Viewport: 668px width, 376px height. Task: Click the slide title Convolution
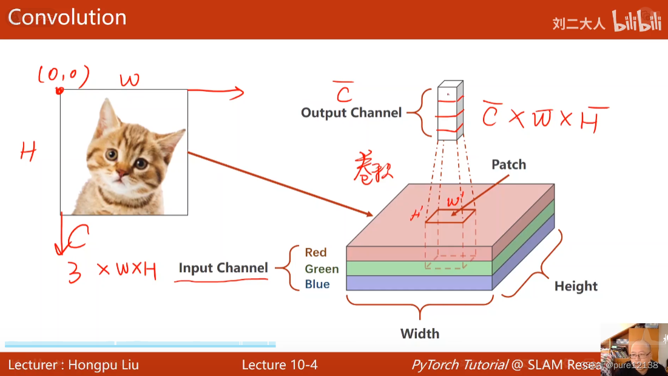(67, 17)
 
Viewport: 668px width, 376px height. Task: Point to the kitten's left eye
(111, 154)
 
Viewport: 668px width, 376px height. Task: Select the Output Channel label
(351, 112)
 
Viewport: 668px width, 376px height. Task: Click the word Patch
(508, 165)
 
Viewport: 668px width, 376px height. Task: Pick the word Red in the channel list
(315, 252)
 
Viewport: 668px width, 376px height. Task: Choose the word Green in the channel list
(322, 268)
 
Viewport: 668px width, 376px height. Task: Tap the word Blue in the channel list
(317, 284)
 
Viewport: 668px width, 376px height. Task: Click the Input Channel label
(223, 268)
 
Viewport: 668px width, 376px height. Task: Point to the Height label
(576, 286)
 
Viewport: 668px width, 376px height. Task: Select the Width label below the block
(419, 333)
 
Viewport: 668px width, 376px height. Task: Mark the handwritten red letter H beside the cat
(28, 151)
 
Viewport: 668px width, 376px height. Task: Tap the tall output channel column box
(450, 111)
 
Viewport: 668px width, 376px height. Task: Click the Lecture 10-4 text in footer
(279, 364)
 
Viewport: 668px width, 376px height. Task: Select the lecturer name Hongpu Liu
(103, 364)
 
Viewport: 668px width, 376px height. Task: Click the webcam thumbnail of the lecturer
(633, 349)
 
